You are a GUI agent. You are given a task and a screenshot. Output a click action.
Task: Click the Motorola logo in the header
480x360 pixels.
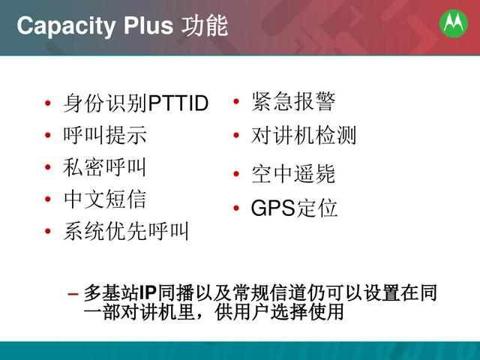coord(453,23)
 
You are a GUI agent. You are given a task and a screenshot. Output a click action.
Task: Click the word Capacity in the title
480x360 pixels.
coord(66,26)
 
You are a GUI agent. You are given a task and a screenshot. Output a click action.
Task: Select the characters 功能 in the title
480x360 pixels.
coord(205,25)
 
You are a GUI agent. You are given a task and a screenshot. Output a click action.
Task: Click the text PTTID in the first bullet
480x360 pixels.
coord(178,103)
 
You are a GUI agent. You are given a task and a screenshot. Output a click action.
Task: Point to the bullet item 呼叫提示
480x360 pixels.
coord(105,135)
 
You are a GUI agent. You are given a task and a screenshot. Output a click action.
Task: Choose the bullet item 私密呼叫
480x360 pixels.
coord(104,166)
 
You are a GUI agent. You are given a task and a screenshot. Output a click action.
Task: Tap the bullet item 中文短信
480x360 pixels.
coord(105,199)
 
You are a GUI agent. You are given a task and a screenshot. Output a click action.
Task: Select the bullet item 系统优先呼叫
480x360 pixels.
coord(126,231)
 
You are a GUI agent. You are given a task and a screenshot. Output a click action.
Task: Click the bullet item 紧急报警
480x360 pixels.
coord(293,101)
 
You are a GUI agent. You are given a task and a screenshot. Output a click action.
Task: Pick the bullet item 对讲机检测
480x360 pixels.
coord(303,135)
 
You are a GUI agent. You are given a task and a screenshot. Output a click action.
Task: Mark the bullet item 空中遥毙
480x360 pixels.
coord(293,173)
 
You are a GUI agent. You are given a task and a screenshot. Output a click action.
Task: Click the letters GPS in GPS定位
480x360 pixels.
coord(273,208)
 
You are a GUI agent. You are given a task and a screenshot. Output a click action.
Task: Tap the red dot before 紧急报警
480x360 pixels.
coord(236,102)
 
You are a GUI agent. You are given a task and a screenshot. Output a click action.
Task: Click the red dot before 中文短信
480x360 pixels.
coord(47,199)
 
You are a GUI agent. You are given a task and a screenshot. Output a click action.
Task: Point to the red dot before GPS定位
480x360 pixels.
coord(236,208)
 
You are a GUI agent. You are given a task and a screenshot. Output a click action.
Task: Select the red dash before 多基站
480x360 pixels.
coord(73,294)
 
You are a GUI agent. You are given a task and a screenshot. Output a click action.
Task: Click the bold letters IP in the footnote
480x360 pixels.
coord(148,293)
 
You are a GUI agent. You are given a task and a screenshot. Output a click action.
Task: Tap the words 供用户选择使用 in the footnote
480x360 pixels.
coord(279,312)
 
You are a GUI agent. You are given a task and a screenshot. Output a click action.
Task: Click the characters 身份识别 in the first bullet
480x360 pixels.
coord(106,103)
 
